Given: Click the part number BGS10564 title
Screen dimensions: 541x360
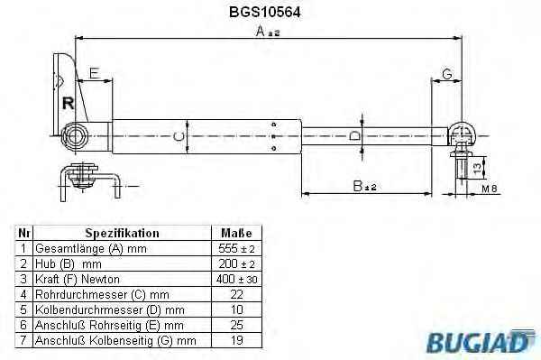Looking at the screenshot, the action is [264, 12].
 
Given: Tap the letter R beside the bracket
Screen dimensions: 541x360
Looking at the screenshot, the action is [68, 103].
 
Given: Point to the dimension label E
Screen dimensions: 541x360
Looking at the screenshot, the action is [94, 73].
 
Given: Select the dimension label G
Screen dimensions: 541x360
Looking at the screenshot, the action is [447, 74].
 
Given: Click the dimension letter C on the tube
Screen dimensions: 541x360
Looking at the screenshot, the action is [179, 137].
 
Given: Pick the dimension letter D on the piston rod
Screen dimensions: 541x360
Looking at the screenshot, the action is [354, 136].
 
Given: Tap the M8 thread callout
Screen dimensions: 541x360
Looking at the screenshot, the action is [490, 189].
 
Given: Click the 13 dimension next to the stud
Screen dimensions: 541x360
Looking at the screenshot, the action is [476, 168].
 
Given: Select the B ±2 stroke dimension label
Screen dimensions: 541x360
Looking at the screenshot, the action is [364, 187].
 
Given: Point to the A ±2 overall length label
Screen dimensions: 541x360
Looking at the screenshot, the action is [268, 32].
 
